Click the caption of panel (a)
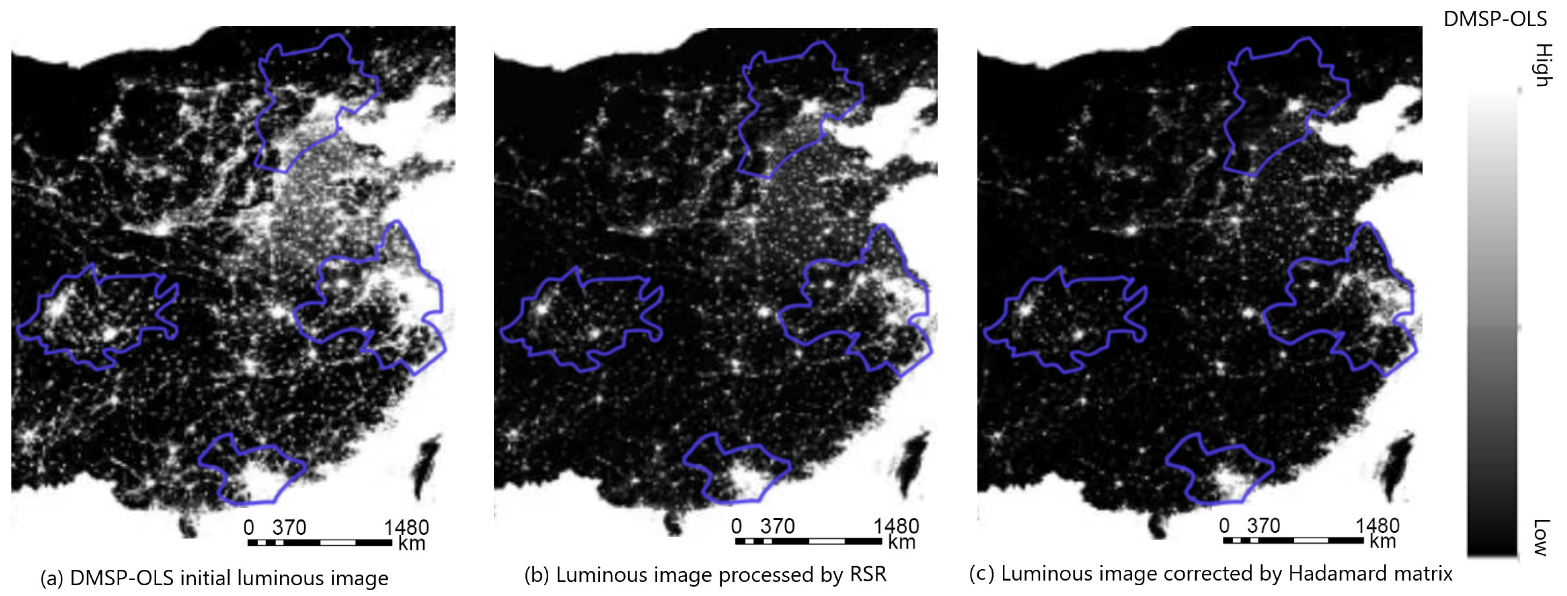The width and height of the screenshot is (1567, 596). (x=214, y=578)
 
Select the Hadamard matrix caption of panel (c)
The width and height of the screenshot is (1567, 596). (x=1211, y=574)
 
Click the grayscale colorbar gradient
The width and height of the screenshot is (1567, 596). (x=1492, y=322)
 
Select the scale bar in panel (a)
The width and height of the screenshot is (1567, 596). (x=320, y=542)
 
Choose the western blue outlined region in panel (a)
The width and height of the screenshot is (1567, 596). (x=97, y=316)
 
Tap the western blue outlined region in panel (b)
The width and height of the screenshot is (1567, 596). (x=581, y=319)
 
